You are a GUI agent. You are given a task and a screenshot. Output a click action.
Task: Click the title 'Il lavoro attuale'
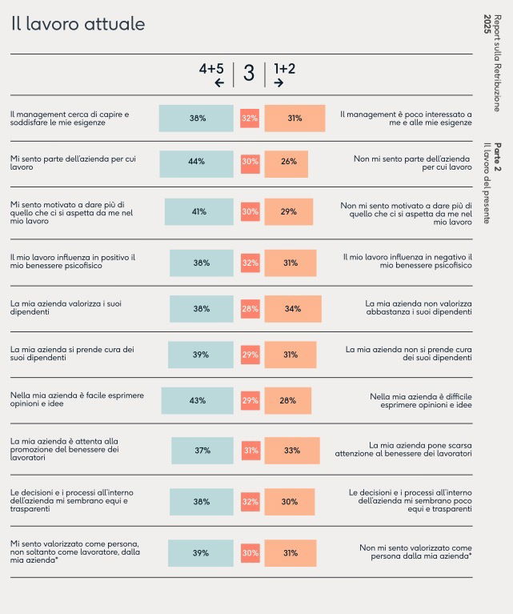tap(78, 24)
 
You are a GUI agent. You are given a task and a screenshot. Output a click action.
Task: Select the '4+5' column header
tap(211, 69)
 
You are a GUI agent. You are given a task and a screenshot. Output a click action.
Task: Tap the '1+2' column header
tap(284, 69)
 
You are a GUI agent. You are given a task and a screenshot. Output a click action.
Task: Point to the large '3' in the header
tap(249, 74)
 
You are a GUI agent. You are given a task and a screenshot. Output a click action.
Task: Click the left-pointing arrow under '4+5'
tap(219, 82)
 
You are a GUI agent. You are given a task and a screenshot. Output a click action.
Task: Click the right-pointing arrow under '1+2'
tap(279, 82)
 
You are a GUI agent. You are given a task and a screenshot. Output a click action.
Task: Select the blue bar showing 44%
tap(197, 164)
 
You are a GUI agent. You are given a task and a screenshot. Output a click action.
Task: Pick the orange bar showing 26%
tap(287, 164)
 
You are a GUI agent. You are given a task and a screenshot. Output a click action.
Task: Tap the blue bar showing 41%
tap(199, 212)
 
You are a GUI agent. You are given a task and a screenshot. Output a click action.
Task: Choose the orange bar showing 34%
tap(293, 309)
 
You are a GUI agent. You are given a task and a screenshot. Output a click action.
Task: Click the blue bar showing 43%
tap(198, 400)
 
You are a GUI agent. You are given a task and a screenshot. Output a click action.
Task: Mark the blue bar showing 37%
tap(202, 451)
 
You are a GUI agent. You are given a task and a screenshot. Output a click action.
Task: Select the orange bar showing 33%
tap(292, 451)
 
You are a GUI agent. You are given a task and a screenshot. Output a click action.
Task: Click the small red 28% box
tap(250, 309)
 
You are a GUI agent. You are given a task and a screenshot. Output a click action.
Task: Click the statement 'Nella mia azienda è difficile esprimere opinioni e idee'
tap(420, 400)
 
